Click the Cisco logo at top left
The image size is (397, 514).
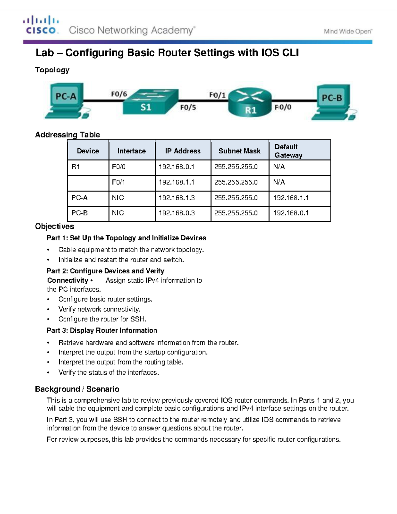click(41, 25)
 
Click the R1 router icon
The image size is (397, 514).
click(250, 103)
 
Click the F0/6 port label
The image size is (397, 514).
click(119, 94)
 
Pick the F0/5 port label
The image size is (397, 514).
click(188, 107)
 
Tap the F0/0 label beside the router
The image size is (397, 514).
click(283, 107)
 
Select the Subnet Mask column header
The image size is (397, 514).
click(240, 151)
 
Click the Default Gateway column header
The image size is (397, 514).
click(288, 151)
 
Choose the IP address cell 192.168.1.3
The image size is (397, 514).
click(177, 198)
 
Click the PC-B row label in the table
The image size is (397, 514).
click(80, 213)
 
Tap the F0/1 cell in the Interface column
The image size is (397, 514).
click(118, 182)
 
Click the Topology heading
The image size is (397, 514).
click(52, 70)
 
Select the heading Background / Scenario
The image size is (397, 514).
click(77, 389)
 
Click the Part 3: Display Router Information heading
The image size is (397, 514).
click(102, 330)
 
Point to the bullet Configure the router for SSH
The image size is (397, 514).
click(102, 319)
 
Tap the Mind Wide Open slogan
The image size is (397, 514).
click(348, 32)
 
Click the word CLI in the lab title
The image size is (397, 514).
click(290, 53)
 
